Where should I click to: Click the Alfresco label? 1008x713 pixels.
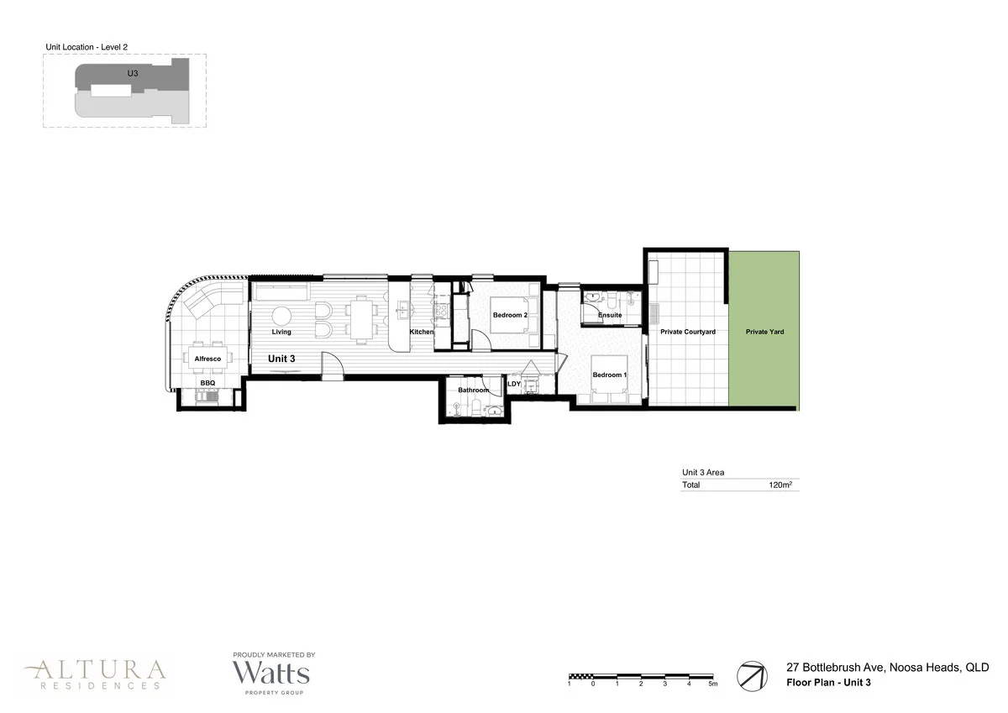207,359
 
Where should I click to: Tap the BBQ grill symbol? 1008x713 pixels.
207,397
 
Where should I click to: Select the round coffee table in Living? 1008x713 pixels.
281,317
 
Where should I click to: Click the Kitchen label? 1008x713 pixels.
422,333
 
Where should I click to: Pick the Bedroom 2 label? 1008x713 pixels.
510,315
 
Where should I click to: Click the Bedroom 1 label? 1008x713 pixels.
608,375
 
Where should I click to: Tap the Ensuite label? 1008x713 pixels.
610,315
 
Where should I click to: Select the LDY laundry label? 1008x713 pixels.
514,384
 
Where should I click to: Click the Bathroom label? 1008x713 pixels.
473,390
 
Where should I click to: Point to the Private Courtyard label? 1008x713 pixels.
687,332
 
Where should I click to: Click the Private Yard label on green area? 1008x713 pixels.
764,332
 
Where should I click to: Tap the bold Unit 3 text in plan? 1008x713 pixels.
281,359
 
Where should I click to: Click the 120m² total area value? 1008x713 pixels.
782,485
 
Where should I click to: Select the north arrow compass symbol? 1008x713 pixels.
752,675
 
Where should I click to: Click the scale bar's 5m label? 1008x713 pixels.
712,684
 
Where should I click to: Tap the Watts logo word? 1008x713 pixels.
271,674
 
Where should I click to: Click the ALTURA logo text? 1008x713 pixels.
95,669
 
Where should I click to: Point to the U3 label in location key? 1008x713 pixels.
132,74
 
